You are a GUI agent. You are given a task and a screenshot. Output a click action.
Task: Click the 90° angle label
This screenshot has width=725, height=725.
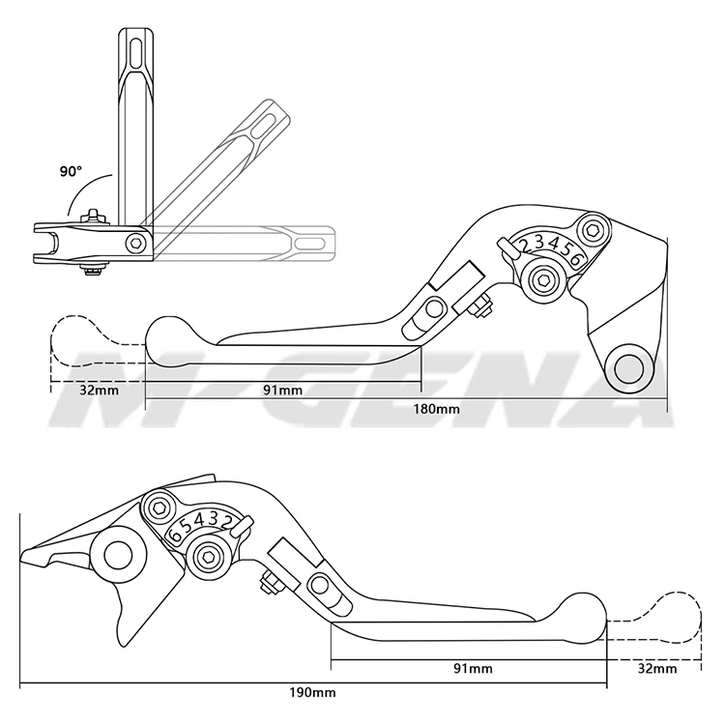tap(71, 171)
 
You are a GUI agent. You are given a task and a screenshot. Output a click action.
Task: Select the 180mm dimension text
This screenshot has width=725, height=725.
tap(438, 409)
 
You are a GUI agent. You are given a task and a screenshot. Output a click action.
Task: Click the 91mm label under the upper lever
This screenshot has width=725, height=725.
tap(282, 390)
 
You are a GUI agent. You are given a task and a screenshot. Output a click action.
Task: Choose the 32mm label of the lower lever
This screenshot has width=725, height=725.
tap(656, 667)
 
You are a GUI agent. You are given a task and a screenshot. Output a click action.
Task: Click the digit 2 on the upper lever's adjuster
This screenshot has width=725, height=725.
tap(524, 246)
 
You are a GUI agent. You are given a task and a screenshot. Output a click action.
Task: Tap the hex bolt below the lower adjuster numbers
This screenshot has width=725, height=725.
tap(208, 554)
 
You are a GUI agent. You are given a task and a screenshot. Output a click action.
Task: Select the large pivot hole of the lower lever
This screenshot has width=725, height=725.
tap(119, 555)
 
